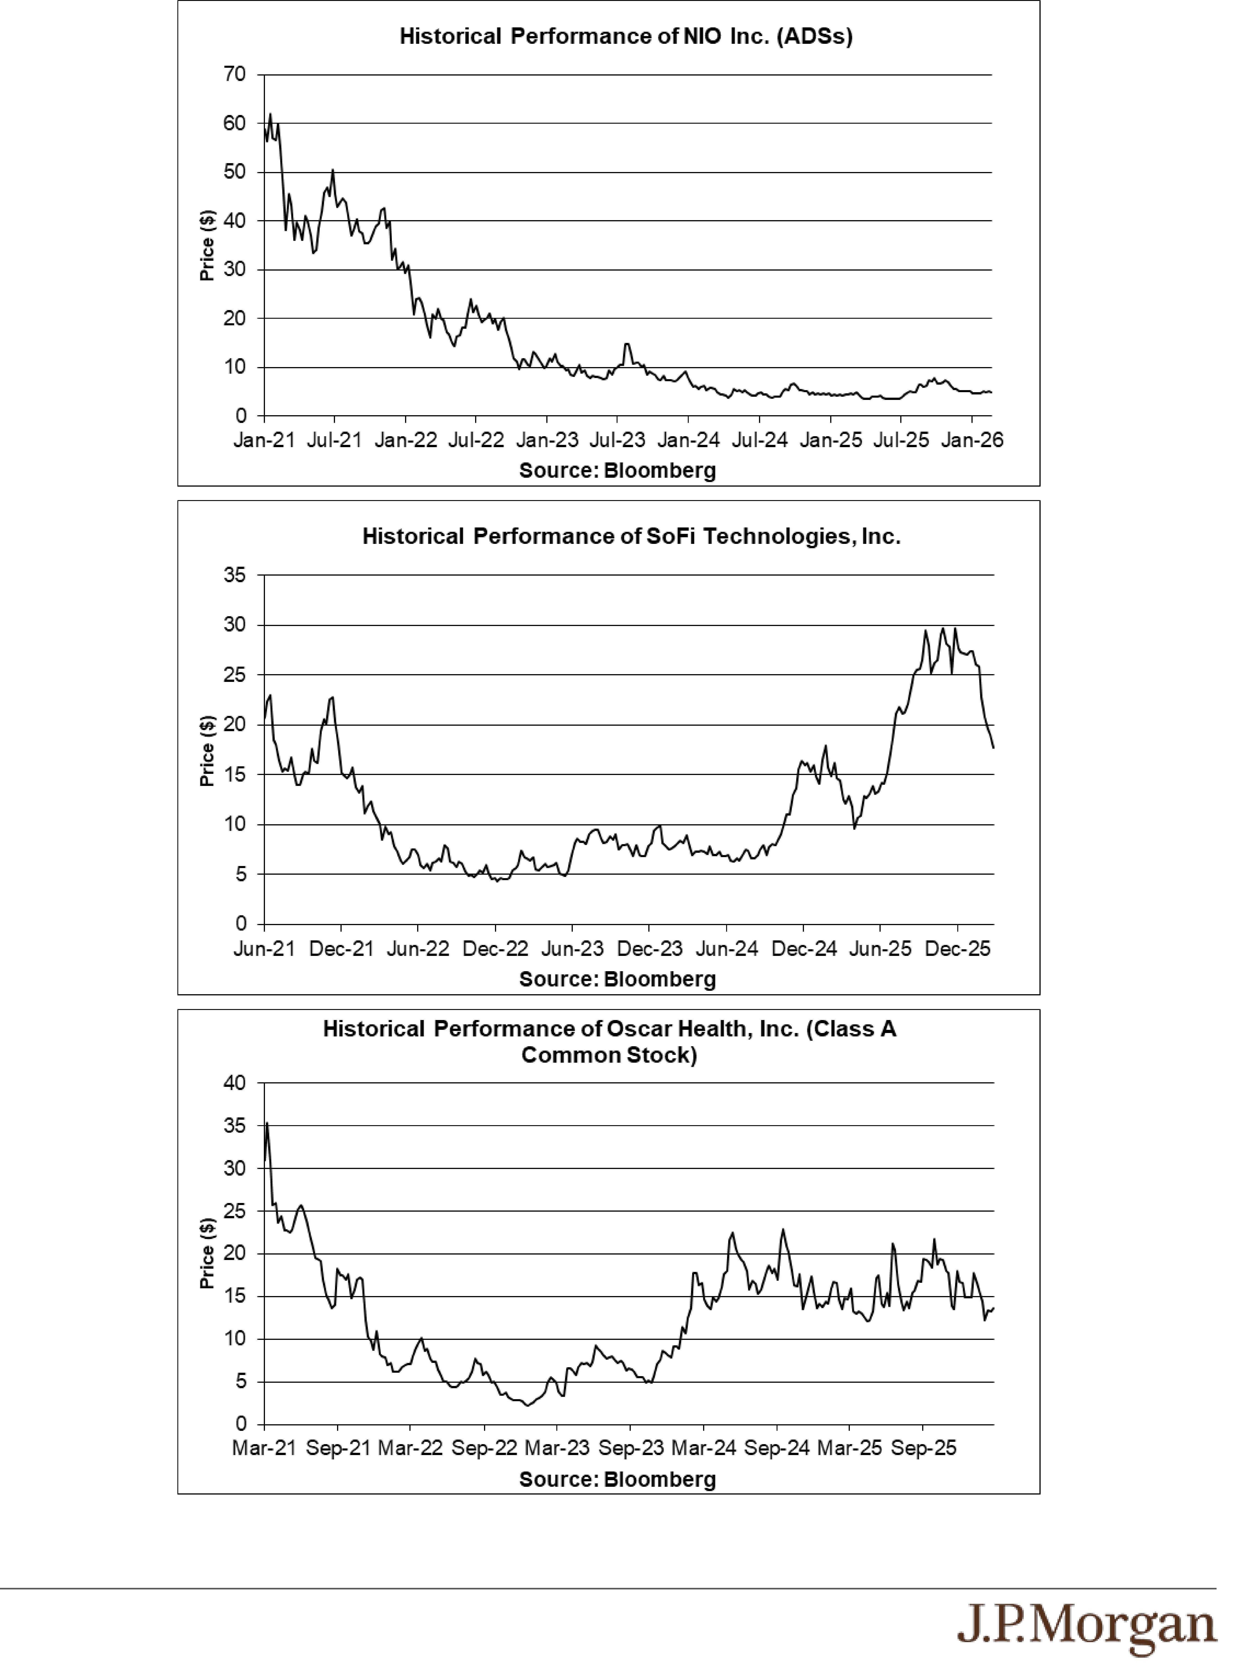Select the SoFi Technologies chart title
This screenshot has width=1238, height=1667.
(x=631, y=536)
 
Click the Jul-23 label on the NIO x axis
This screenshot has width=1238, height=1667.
(x=618, y=440)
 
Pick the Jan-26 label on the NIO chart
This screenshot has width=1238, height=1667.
(x=972, y=440)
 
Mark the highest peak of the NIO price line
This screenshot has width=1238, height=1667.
(x=270, y=115)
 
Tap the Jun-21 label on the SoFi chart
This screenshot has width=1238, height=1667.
(x=264, y=949)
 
